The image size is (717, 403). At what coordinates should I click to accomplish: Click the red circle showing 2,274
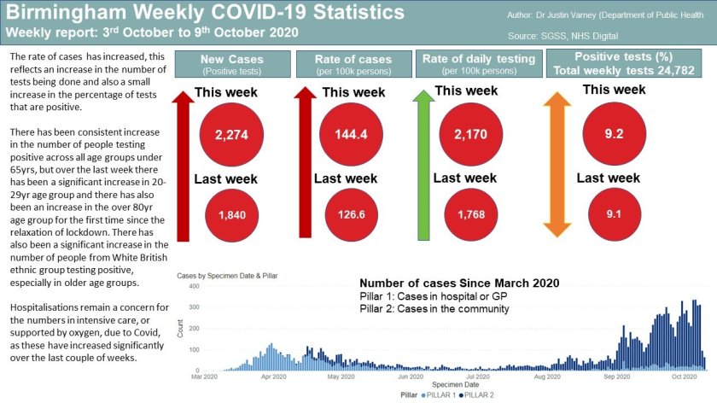click(x=231, y=135)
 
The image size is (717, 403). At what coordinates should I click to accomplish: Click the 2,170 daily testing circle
click(x=465, y=135)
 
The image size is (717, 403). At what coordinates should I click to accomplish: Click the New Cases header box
click(x=231, y=64)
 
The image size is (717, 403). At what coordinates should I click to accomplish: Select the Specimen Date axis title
click(x=442, y=385)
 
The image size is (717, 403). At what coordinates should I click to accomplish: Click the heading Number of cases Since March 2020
click(x=458, y=283)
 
